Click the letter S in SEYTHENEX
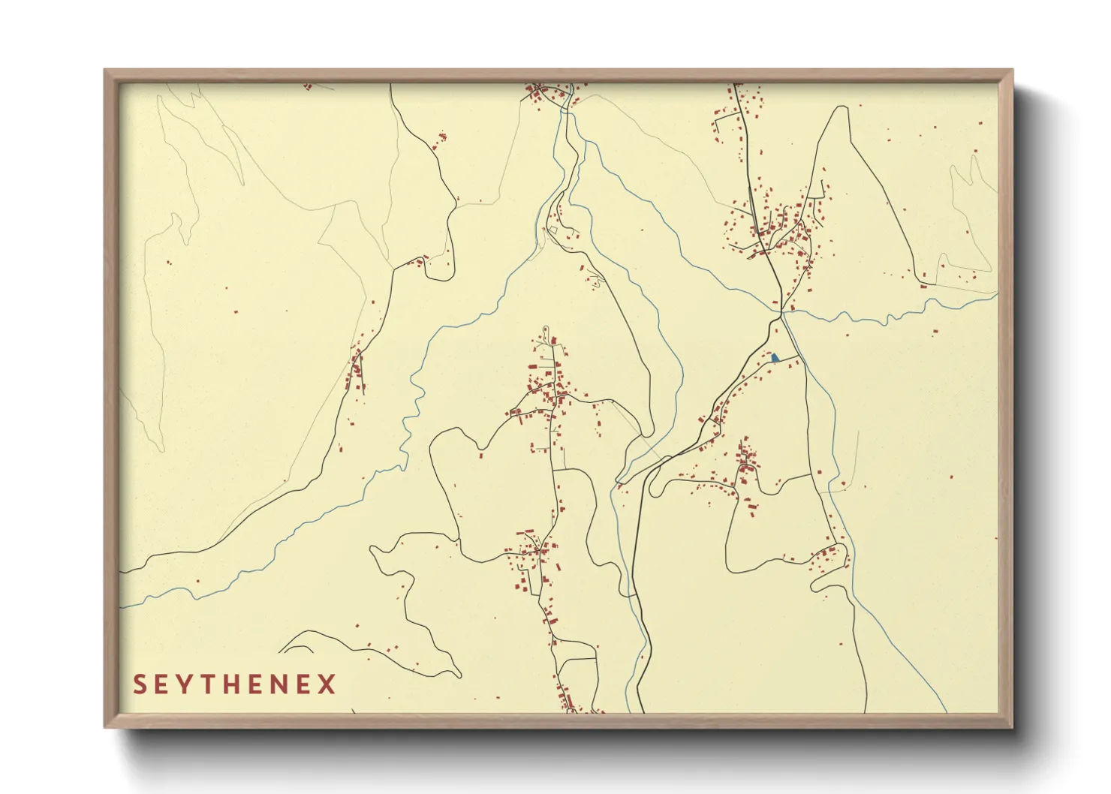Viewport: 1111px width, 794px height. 140,684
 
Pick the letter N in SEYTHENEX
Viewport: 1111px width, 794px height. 285,684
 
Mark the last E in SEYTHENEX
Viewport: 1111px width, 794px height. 307,684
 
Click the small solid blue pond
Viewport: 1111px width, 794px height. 775,358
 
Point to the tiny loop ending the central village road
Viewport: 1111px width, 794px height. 546,330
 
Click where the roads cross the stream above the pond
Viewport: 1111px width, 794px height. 781,310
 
